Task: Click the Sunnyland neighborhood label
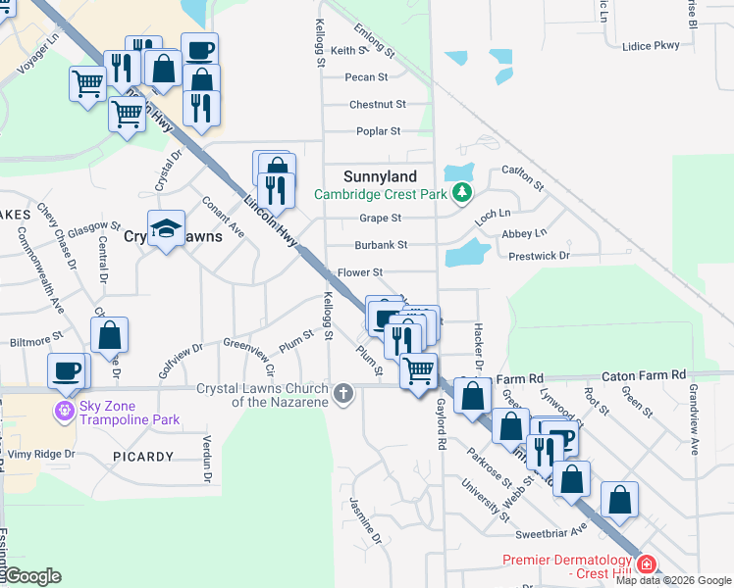click(380, 176)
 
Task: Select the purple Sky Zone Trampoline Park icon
click(66, 410)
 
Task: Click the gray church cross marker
click(342, 394)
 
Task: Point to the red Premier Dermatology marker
click(646, 564)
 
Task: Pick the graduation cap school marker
click(167, 228)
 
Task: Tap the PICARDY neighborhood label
click(142, 457)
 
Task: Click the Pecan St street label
click(366, 76)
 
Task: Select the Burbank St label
click(381, 245)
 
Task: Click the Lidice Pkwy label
click(651, 46)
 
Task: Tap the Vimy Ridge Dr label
click(41, 454)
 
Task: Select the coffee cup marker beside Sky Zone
click(68, 370)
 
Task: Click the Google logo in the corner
click(31, 576)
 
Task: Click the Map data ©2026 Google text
click(673, 580)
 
